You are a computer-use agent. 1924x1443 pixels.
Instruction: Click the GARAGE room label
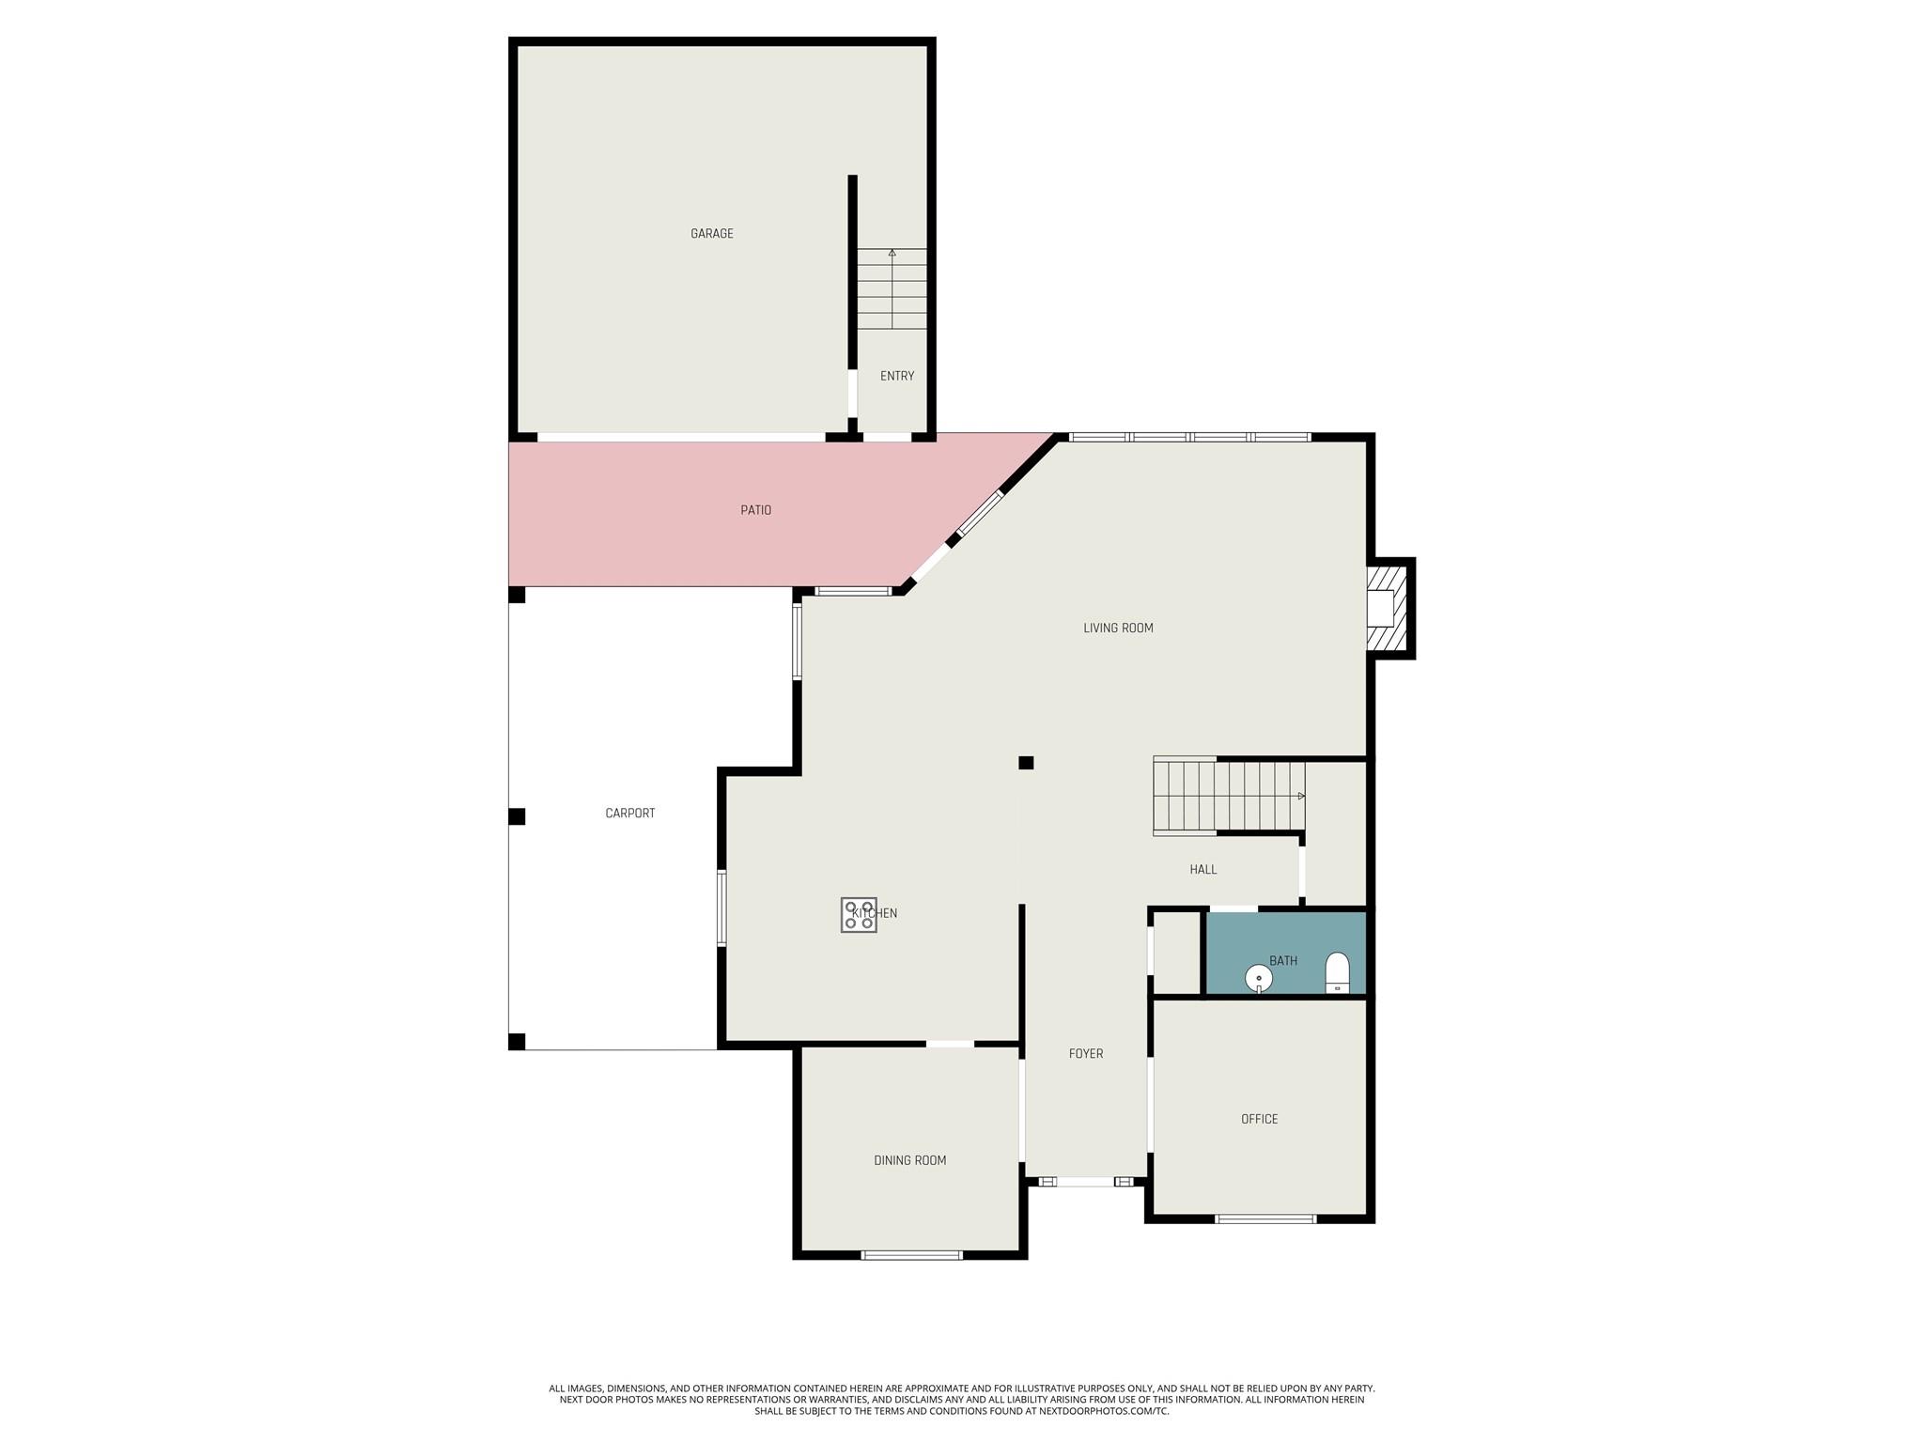(x=711, y=234)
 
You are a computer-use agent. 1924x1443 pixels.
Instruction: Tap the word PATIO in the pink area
(x=755, y=510)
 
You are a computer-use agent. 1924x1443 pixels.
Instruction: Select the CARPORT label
(x=629, y=814)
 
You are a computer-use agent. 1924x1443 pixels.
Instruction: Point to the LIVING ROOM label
(x=1118, y=628)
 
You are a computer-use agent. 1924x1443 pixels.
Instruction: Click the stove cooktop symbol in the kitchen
(x=859, y=915)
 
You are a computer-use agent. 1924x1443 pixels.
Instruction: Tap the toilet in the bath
(x=1337, y=972)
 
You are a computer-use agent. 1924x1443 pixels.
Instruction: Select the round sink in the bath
(x=1258, y=979)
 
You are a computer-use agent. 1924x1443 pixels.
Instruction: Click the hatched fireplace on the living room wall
(x=1389, y=608)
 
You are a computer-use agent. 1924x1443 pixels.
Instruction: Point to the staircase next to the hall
(x=1229, y=797)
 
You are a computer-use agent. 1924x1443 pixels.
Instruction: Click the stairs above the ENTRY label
(x=892, y=288)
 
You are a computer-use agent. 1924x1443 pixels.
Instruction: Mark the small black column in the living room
(x=1026, y=763)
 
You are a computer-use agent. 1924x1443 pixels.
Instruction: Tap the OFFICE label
(x=1259, y=1119)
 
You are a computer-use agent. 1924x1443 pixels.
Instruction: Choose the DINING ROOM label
(x=909, y=1161)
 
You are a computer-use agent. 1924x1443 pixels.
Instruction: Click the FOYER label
(x=1085, y=1054)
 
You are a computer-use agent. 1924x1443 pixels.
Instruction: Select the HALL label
(x=1202, y=870)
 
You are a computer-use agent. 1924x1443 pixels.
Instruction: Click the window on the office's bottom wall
(x=1265, y=1219)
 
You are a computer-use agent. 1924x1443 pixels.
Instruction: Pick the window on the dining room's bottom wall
(x=911, y=1255)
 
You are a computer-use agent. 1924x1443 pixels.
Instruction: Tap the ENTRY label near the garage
(x=896, y=376)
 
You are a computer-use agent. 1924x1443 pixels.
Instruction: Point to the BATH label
(x=1282, y=961)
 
